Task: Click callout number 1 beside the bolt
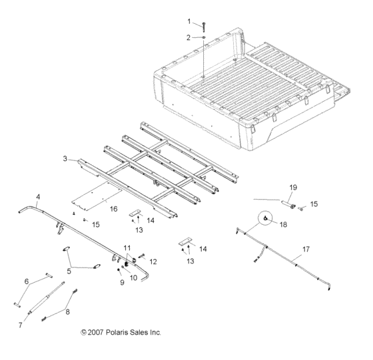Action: [x=188, y=21]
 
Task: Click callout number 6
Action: [x=27, y=281]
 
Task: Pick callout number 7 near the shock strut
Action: [x=20, y=325]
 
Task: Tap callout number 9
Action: [x=123, y=282]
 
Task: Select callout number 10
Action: [x=133, y=277]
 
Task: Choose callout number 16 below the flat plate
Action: [x=114, y=208]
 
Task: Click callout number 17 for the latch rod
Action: [x=306, y=250]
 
